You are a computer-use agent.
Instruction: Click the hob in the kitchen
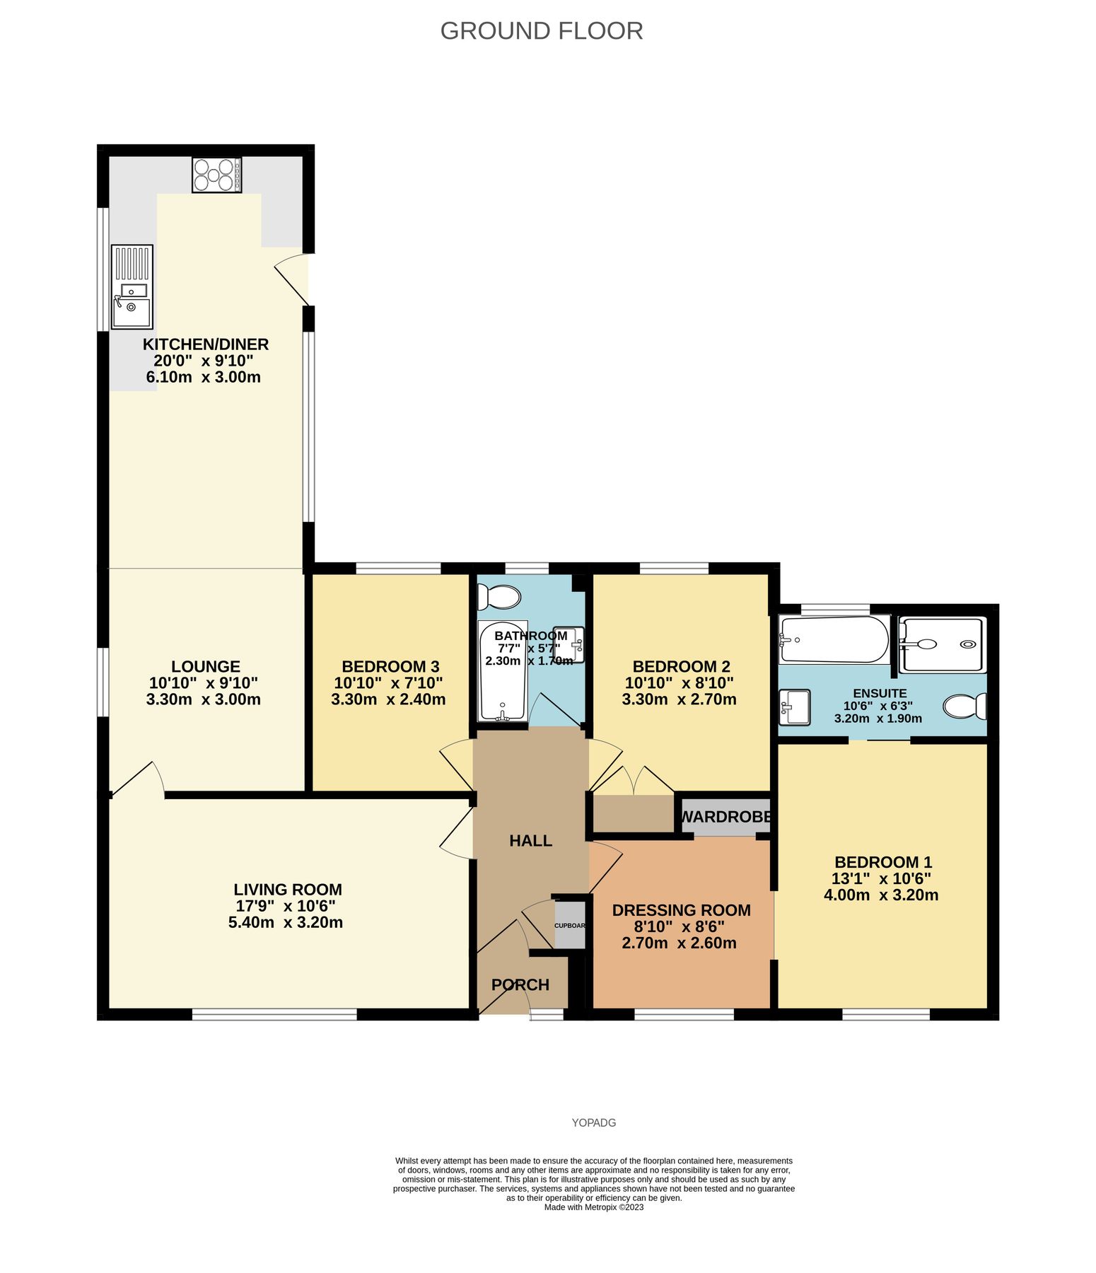(x=216, y=175)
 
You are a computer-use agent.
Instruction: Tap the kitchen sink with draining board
(x=132, y=286)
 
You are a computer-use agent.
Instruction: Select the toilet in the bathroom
(x=499, y=597)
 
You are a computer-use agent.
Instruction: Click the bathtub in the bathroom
(x=502, y=671)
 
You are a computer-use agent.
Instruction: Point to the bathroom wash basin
(x=569, y=644)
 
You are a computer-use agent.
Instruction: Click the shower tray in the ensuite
(x=942, y=645)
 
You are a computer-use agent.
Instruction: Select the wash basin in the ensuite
(x=794, y=707)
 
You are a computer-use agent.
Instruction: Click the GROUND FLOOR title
(x=542, y=31)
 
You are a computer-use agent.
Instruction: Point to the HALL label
(x=531, y=840)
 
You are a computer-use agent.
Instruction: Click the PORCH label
(x=520, y=984)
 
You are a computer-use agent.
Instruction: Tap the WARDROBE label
(x=725, y=817)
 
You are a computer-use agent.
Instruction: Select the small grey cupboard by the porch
(x=570, y=925)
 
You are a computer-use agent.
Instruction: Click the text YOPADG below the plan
(x=594, y=1122)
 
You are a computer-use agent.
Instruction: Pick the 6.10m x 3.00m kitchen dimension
(x=204, y=377)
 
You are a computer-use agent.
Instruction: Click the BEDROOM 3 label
(x=390, y=666)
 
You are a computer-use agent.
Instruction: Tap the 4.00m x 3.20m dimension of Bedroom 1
(x=881, y=895)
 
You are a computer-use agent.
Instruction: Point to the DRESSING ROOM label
(x=682, y=910)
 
